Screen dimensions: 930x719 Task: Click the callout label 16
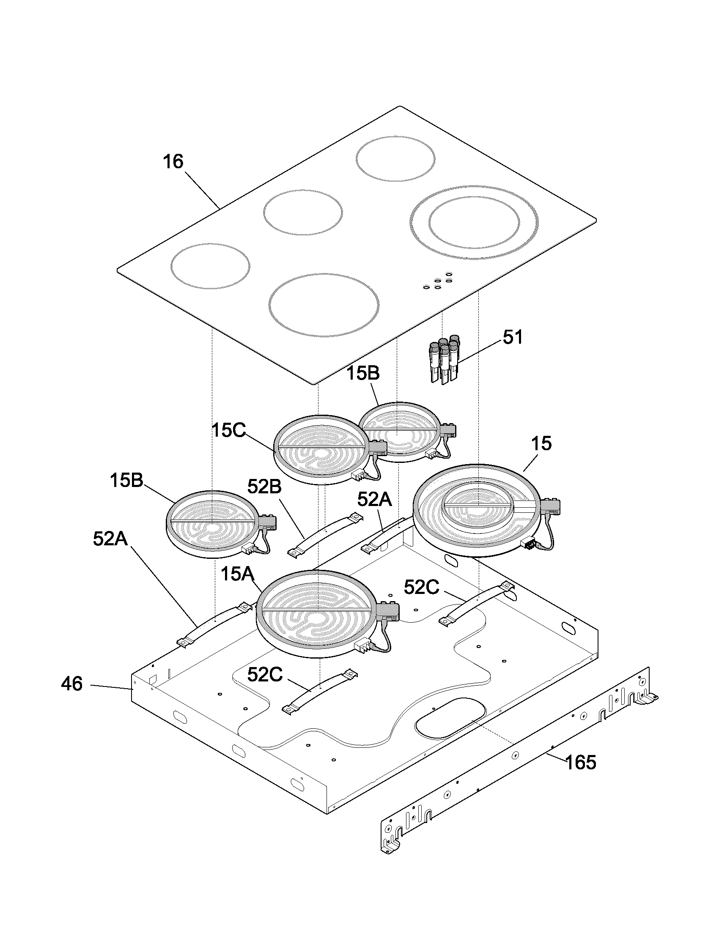pos(173,162)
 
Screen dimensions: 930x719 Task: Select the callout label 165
pos(581,762)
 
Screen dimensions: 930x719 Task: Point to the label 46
pos(71,684)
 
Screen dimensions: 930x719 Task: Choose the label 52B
pos(264,487)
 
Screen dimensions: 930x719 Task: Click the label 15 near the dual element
pos(541,444)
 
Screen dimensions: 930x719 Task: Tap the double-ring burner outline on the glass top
pos(474,222)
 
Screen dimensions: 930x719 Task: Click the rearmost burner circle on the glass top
pos(396,159)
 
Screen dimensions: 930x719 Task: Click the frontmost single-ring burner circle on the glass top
pos(324,305)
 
